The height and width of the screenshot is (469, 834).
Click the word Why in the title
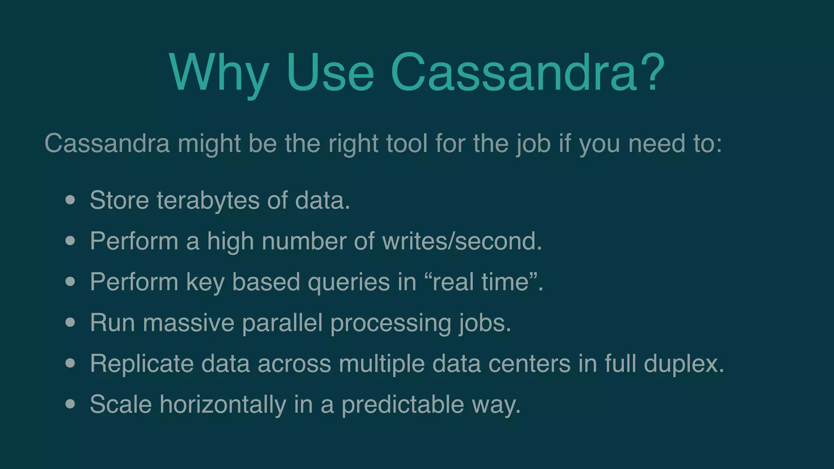click(x=219, y=73)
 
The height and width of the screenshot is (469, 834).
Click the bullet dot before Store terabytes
click(x=70, y=200)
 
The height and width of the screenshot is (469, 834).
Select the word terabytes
click(x=208, y=200)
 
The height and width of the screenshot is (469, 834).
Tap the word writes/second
click(x=462, y=241)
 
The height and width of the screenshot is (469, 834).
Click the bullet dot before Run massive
click(x=70, y=322)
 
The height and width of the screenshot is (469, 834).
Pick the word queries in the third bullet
click(x=349, y=282)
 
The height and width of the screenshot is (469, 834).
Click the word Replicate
click(x=142, y=364)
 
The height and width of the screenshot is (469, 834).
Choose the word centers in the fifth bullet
click(x=529, y=364)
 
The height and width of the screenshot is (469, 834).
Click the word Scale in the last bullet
click(x=121, y=404)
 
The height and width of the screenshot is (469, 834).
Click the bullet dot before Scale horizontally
click(x=70, y=404)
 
